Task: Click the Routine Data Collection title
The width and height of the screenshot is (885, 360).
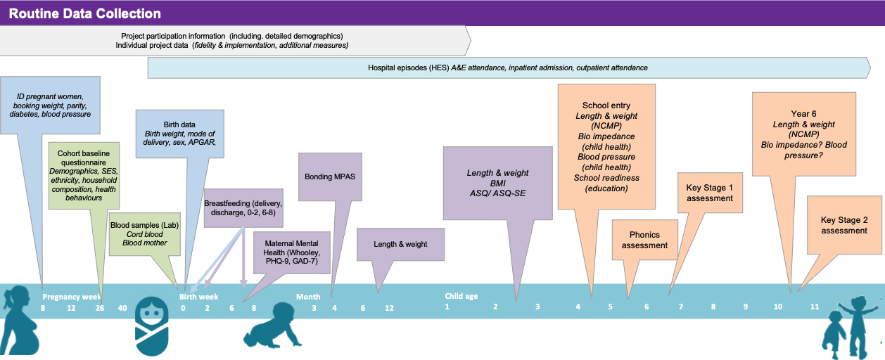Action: (x=85, y=13)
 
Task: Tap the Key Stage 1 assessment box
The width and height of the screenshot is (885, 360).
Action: (x=710, y=193)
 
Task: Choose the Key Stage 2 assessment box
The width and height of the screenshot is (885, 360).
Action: (x=844, y=225)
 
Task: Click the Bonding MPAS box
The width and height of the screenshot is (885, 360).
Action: (x=329, y=177)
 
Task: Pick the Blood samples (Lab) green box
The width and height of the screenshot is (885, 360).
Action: (x=139, y=233)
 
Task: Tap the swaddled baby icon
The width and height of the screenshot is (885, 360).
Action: (x=152, y=326)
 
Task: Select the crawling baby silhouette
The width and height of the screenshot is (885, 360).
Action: (x=274, y=325)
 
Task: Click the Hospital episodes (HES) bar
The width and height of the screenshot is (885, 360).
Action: (x=507, y=67)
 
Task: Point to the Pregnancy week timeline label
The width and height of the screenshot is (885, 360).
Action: (x=71, y=297)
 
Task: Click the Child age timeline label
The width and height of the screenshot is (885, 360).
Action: (x=461, y=296)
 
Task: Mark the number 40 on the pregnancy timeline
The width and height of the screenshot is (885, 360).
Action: (x=122, y=308)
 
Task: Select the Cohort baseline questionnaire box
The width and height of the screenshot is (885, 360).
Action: (x=84, y=175)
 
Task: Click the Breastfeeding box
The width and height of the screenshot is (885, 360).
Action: (x=243, y=208)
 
